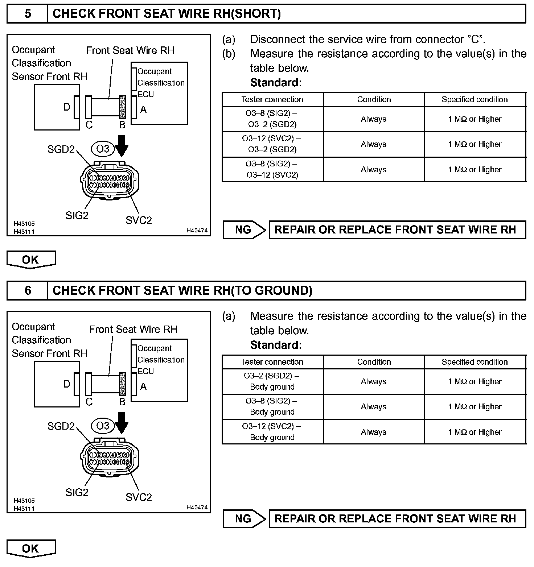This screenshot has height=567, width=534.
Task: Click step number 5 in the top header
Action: (x=28, y=14)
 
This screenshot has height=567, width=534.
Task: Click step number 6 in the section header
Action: (x=28, y=290)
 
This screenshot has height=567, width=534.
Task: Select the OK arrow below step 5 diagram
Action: (x=31, y=260)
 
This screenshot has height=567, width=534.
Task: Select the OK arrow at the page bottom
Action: (x=31, y=548)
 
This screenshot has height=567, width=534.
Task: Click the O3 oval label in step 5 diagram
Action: (x=103, y=149)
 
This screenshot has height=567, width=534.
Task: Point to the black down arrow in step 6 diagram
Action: (x=122, y=422)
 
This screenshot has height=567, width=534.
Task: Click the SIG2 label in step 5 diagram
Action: (x=77, y=215)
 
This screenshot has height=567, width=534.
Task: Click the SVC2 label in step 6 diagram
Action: (x=139, y=497)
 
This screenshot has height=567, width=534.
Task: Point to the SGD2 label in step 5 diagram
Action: (x=61, y=149)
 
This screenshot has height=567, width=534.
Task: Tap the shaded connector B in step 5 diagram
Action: (x=122, y=107)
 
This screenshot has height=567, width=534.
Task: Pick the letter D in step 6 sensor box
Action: (x=67, y=384)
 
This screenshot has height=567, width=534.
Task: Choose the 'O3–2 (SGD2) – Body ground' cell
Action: (x=272, y=381)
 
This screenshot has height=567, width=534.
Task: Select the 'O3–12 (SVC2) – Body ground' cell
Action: (x=272, y=432)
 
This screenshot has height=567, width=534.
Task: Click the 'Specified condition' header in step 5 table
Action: (x=475, y=99)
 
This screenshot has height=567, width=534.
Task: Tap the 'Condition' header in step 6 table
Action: (x=374, y=362)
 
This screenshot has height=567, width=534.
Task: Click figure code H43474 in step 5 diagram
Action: (x=197, y=230)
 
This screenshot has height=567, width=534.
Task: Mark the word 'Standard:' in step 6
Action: (x=276, y=345)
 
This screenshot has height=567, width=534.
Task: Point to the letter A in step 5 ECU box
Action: (x=143, y=109)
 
